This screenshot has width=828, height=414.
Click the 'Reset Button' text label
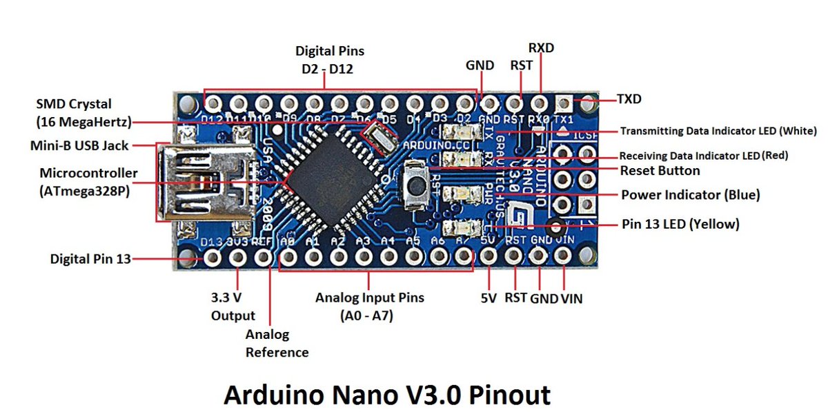[660, 170]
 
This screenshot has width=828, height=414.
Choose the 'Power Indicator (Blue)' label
[690, 195]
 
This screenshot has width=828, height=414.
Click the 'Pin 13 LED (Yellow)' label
[680, 224]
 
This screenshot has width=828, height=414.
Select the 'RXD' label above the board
[541, 48]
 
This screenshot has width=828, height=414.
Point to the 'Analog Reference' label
[277, 343]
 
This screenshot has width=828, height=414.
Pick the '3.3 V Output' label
[233, 307]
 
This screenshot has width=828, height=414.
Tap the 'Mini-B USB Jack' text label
[81, 146]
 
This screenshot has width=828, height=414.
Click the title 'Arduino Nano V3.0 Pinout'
[386, 395]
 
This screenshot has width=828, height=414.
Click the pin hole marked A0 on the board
[288, 258]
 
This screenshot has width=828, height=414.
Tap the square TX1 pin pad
[564, 104]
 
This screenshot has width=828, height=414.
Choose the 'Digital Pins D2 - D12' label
[329, 60]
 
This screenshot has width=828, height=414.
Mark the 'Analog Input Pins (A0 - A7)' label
[369, 306]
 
